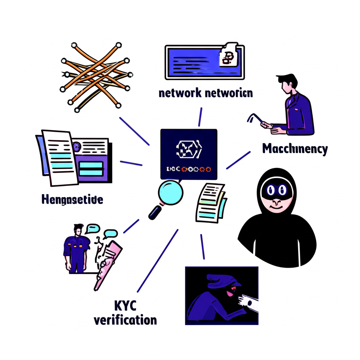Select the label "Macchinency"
coord(295,149)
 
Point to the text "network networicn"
coord(205,93)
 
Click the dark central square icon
coord(188,154)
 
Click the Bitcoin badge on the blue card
coord(227,56)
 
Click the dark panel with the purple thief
coord(221,295)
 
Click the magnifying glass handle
coord(155,212)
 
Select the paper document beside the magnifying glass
coord(210,202)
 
